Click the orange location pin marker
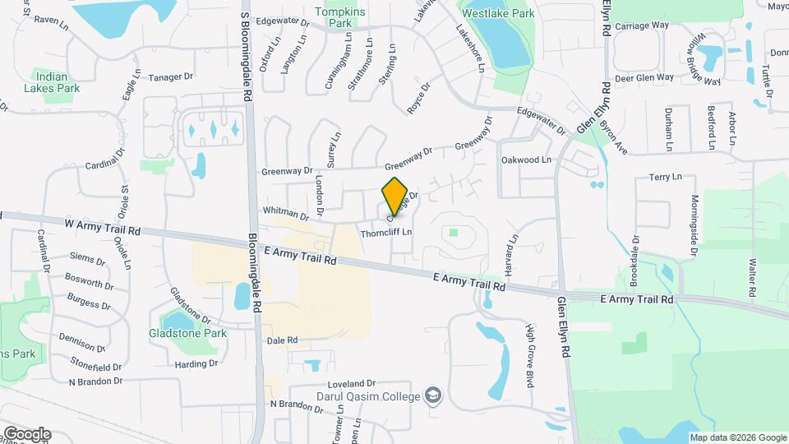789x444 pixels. [x=395, y=197]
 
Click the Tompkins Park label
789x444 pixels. [x=335, y=17]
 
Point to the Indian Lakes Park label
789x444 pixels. [x=61, y=81]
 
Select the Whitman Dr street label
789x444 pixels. [x=284, y=214]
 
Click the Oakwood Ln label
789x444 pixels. [x=526, y=160]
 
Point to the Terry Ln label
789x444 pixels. [x=666, y=177]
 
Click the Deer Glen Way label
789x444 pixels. [x=644, y=77]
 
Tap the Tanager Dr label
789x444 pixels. [x=170, y=76]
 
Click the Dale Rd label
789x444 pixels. [x=281, y=340]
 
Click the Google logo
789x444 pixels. [x=27, y=433]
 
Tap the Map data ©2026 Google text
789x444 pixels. [x=736, y=437]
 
